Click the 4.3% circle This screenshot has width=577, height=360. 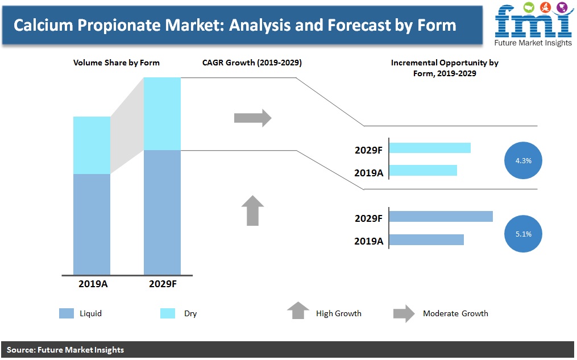[523, 160]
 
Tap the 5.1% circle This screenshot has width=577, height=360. [523, 234]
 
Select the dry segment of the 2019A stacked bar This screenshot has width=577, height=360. [92, 146]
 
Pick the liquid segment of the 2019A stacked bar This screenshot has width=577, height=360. [92, 225]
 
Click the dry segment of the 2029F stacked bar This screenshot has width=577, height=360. [162, 114]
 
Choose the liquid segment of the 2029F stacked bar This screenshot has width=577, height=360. [162, 212]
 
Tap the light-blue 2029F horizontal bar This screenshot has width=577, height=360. [430, 148]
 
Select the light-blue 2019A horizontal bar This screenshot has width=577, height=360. [423, 171]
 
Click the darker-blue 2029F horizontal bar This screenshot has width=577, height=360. [441, 217]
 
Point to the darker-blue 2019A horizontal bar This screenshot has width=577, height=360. [426, 239]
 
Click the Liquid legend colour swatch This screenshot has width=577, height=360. [67, 313]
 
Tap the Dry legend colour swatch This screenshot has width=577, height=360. [168, 313]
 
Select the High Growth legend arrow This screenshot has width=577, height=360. [298, 311]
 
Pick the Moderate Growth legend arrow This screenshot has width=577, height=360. [404, 313]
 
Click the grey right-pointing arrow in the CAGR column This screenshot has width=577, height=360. [253, 118]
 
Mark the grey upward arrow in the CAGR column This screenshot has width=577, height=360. [253, 210]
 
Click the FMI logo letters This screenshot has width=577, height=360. [533, 22]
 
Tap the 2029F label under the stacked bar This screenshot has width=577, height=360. [163, 284]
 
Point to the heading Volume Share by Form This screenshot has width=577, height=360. [117, 63]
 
